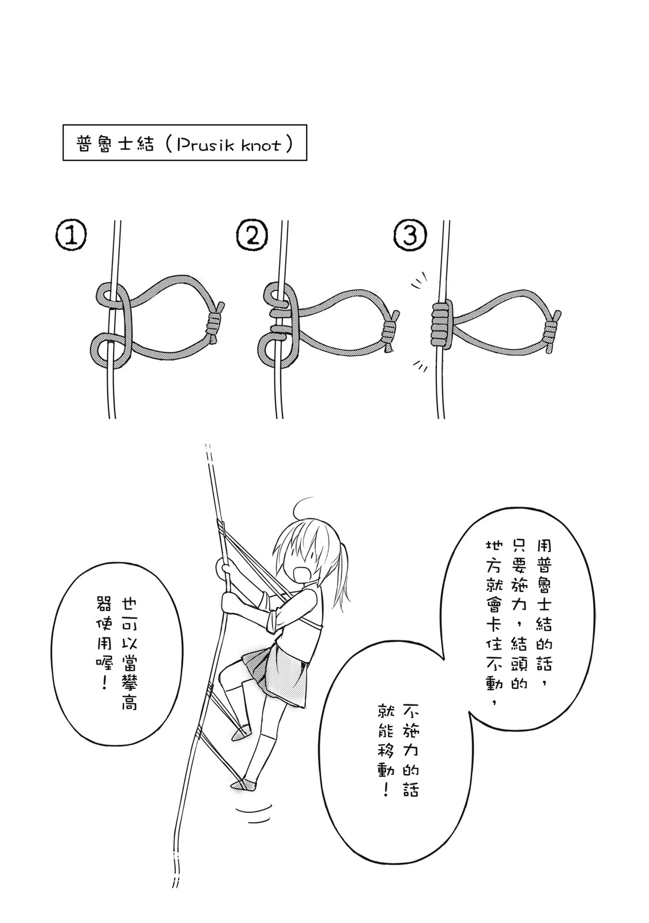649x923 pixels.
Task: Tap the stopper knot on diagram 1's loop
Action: coord(214,324)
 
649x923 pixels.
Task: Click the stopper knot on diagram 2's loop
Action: coord(391,329)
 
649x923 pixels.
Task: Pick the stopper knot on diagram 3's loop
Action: coord(552,333)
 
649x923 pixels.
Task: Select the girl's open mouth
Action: coord(300,574)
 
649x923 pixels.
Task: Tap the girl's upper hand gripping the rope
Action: coord(225,568)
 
